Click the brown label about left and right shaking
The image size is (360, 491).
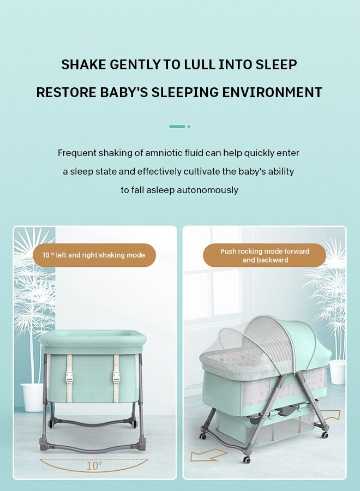coord(94,255)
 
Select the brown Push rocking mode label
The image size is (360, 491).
coord(265,255)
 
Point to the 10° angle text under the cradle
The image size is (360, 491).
coord(94,465)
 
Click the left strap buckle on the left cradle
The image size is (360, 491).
coord(69,376)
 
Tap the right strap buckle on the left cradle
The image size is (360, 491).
coord(116,376)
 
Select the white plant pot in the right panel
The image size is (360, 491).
coord(337,372)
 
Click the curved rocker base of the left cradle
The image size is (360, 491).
coord(94,445)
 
